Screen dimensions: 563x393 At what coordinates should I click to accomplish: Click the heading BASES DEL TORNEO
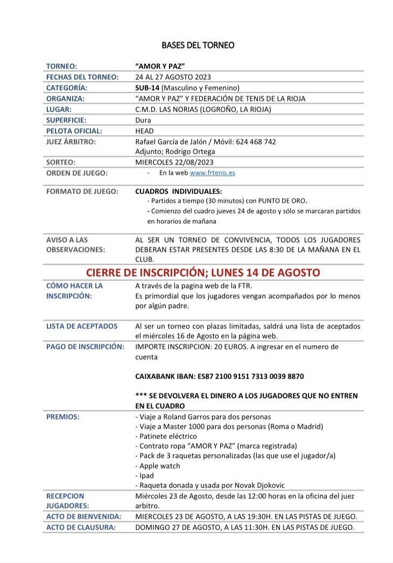(198, 45)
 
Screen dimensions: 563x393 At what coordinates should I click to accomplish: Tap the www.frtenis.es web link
(212, 173)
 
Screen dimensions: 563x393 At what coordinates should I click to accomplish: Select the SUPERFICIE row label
(66, 120)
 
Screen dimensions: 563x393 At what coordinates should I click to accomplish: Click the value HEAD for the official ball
(144, 131)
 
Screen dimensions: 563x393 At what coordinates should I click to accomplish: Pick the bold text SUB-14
(147, 87)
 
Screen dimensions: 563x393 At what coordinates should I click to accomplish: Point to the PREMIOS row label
(63, 416)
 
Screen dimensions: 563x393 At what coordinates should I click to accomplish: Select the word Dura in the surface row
(143, 120)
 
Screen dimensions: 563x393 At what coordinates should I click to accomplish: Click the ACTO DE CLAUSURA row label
(81, 527)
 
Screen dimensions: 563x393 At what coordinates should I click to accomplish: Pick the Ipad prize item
(146, 476)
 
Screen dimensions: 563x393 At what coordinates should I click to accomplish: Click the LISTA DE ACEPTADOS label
(82, 326)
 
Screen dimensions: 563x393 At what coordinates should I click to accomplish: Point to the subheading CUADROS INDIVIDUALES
(178, 191)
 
